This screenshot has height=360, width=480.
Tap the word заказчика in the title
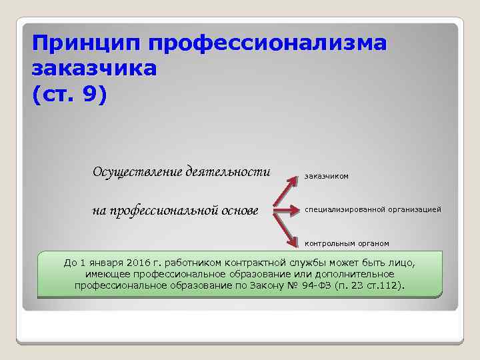94,69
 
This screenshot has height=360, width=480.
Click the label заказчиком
327,176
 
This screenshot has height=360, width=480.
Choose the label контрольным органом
347,243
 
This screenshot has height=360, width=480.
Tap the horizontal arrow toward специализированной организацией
287,211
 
